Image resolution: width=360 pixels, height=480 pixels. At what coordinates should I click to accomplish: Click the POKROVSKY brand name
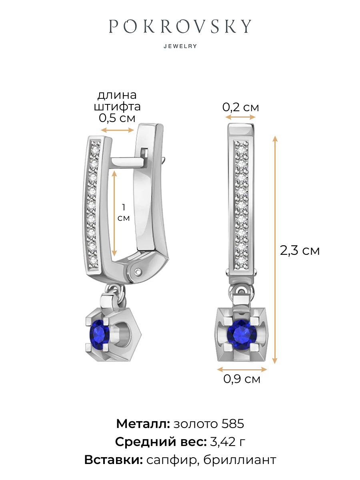pyautogui.click(x=180, y=26)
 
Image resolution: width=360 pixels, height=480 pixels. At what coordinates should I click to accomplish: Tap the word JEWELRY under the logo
pyautogui.click(x=180, y=46)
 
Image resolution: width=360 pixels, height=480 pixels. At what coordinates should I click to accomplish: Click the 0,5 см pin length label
pyautogui.click(x=117, y=118)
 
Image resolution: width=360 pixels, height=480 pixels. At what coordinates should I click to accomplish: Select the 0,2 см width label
pyautogui.click(x=240, y=107)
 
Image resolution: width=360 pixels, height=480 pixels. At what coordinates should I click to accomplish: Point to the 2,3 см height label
pyautogui.click(x=300, y=250)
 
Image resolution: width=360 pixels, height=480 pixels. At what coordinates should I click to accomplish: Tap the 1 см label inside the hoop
pyautogui.click(x=124, y=212)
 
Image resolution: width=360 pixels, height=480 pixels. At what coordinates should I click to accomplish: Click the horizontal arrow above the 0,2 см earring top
pyautogui.click(x=240, y=117)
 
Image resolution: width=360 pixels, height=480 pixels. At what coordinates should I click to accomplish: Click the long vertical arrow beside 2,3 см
pyautogui.click(x=275, y=250)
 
